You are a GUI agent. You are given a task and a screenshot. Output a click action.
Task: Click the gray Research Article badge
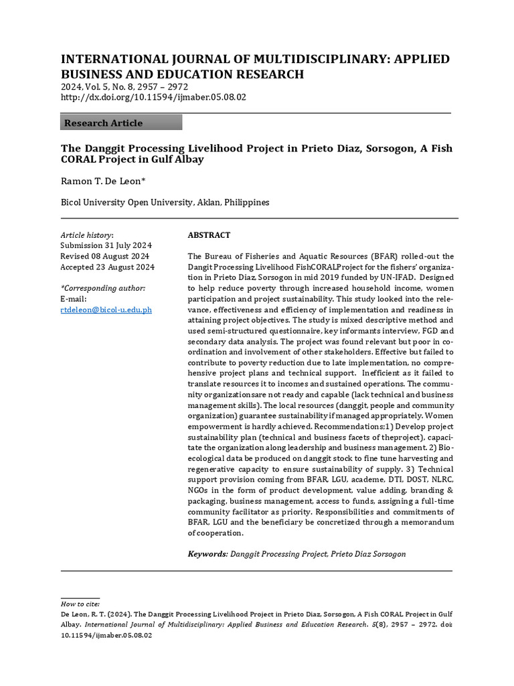click(121, 123)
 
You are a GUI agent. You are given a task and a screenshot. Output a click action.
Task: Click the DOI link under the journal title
click(153, 97)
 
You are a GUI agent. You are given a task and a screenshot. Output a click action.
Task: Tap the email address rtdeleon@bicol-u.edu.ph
click(106, 310)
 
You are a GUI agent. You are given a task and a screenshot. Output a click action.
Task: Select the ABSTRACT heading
click(209, 235)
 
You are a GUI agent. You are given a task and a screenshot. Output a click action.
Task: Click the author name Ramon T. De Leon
click(103, 181)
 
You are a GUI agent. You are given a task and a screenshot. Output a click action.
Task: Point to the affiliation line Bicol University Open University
click(165, 202)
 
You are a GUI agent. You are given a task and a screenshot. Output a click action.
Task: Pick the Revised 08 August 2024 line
click(105, 257)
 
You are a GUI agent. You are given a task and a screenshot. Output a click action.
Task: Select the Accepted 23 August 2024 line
click(107, 267)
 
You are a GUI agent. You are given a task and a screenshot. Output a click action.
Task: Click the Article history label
click(87, 235)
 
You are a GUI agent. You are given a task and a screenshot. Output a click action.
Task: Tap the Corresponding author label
click(102, 288)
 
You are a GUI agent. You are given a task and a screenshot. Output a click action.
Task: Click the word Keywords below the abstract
click(207, 554)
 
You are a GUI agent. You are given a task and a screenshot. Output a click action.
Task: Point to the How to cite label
click(80, 604)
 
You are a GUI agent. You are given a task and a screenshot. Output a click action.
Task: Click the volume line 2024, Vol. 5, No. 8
click(124, 87)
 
